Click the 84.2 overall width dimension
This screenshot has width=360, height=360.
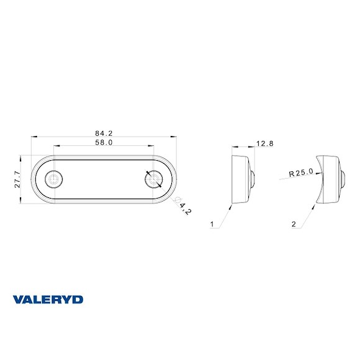tap(104, 132)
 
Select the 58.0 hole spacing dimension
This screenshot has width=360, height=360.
tap(104, 142)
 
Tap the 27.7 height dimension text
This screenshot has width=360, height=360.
tap(18, 179)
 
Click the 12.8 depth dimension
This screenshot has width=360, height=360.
tap(265, 143)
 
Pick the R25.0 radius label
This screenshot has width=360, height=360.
tap(302, 173)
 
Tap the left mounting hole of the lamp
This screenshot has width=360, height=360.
tap(54, 179)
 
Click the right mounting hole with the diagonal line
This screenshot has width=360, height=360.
tap(153, 179)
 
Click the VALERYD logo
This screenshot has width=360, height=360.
tap(48, 299)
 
